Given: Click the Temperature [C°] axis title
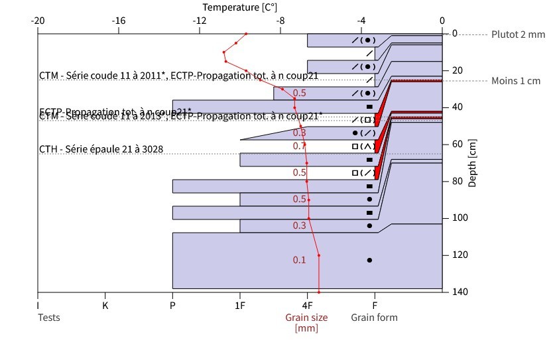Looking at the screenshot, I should [240, 7].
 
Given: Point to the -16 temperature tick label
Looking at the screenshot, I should [119, 20].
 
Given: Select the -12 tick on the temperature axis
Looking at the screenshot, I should [200, 20].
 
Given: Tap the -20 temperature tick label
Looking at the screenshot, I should [38, 20].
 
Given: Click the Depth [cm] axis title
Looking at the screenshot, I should [473, 163].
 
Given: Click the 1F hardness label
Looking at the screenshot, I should [240, 306].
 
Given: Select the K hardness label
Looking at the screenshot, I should [105, 306].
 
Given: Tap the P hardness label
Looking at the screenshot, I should [172, 306].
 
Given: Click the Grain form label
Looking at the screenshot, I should [375, 318].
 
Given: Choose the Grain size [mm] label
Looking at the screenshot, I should [306, 323].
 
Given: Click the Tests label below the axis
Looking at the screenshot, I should [48, 318].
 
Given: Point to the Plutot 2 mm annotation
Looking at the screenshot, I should [519, 34].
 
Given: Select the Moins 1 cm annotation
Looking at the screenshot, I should [516, 81].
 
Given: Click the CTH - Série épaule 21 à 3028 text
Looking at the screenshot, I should [101, 149].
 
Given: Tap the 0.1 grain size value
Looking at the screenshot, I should [300, 260].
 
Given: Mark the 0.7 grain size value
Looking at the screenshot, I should [300, 146].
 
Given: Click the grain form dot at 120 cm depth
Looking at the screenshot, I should [369, 260].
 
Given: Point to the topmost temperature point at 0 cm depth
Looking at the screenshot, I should [247, 33].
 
